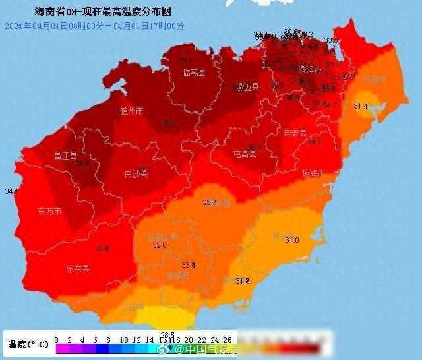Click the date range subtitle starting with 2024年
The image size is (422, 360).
pyautogui.click(x=94, y=26)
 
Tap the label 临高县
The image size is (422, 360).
pyautogui.click(x=194, y=73)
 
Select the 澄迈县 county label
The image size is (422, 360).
pyautogui.click(x=247, y=87)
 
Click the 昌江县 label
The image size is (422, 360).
pyautogui.click(x=65, y=156)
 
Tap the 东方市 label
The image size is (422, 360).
pyautogui.click(x=48, y=211)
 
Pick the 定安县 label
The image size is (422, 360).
pyautogui.click(x=295, y=133)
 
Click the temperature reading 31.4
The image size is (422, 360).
pyautogui.click(x=361, y=106)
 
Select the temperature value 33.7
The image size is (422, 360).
pyautogui.click(x=210, y=202)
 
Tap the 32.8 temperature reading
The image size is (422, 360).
pyautogui.click(x=160, y=245)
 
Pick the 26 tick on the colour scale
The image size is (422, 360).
pyautogui.click(x=227, y=340)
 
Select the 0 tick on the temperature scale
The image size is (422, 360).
pyautogui.click(x=56, y=340)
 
